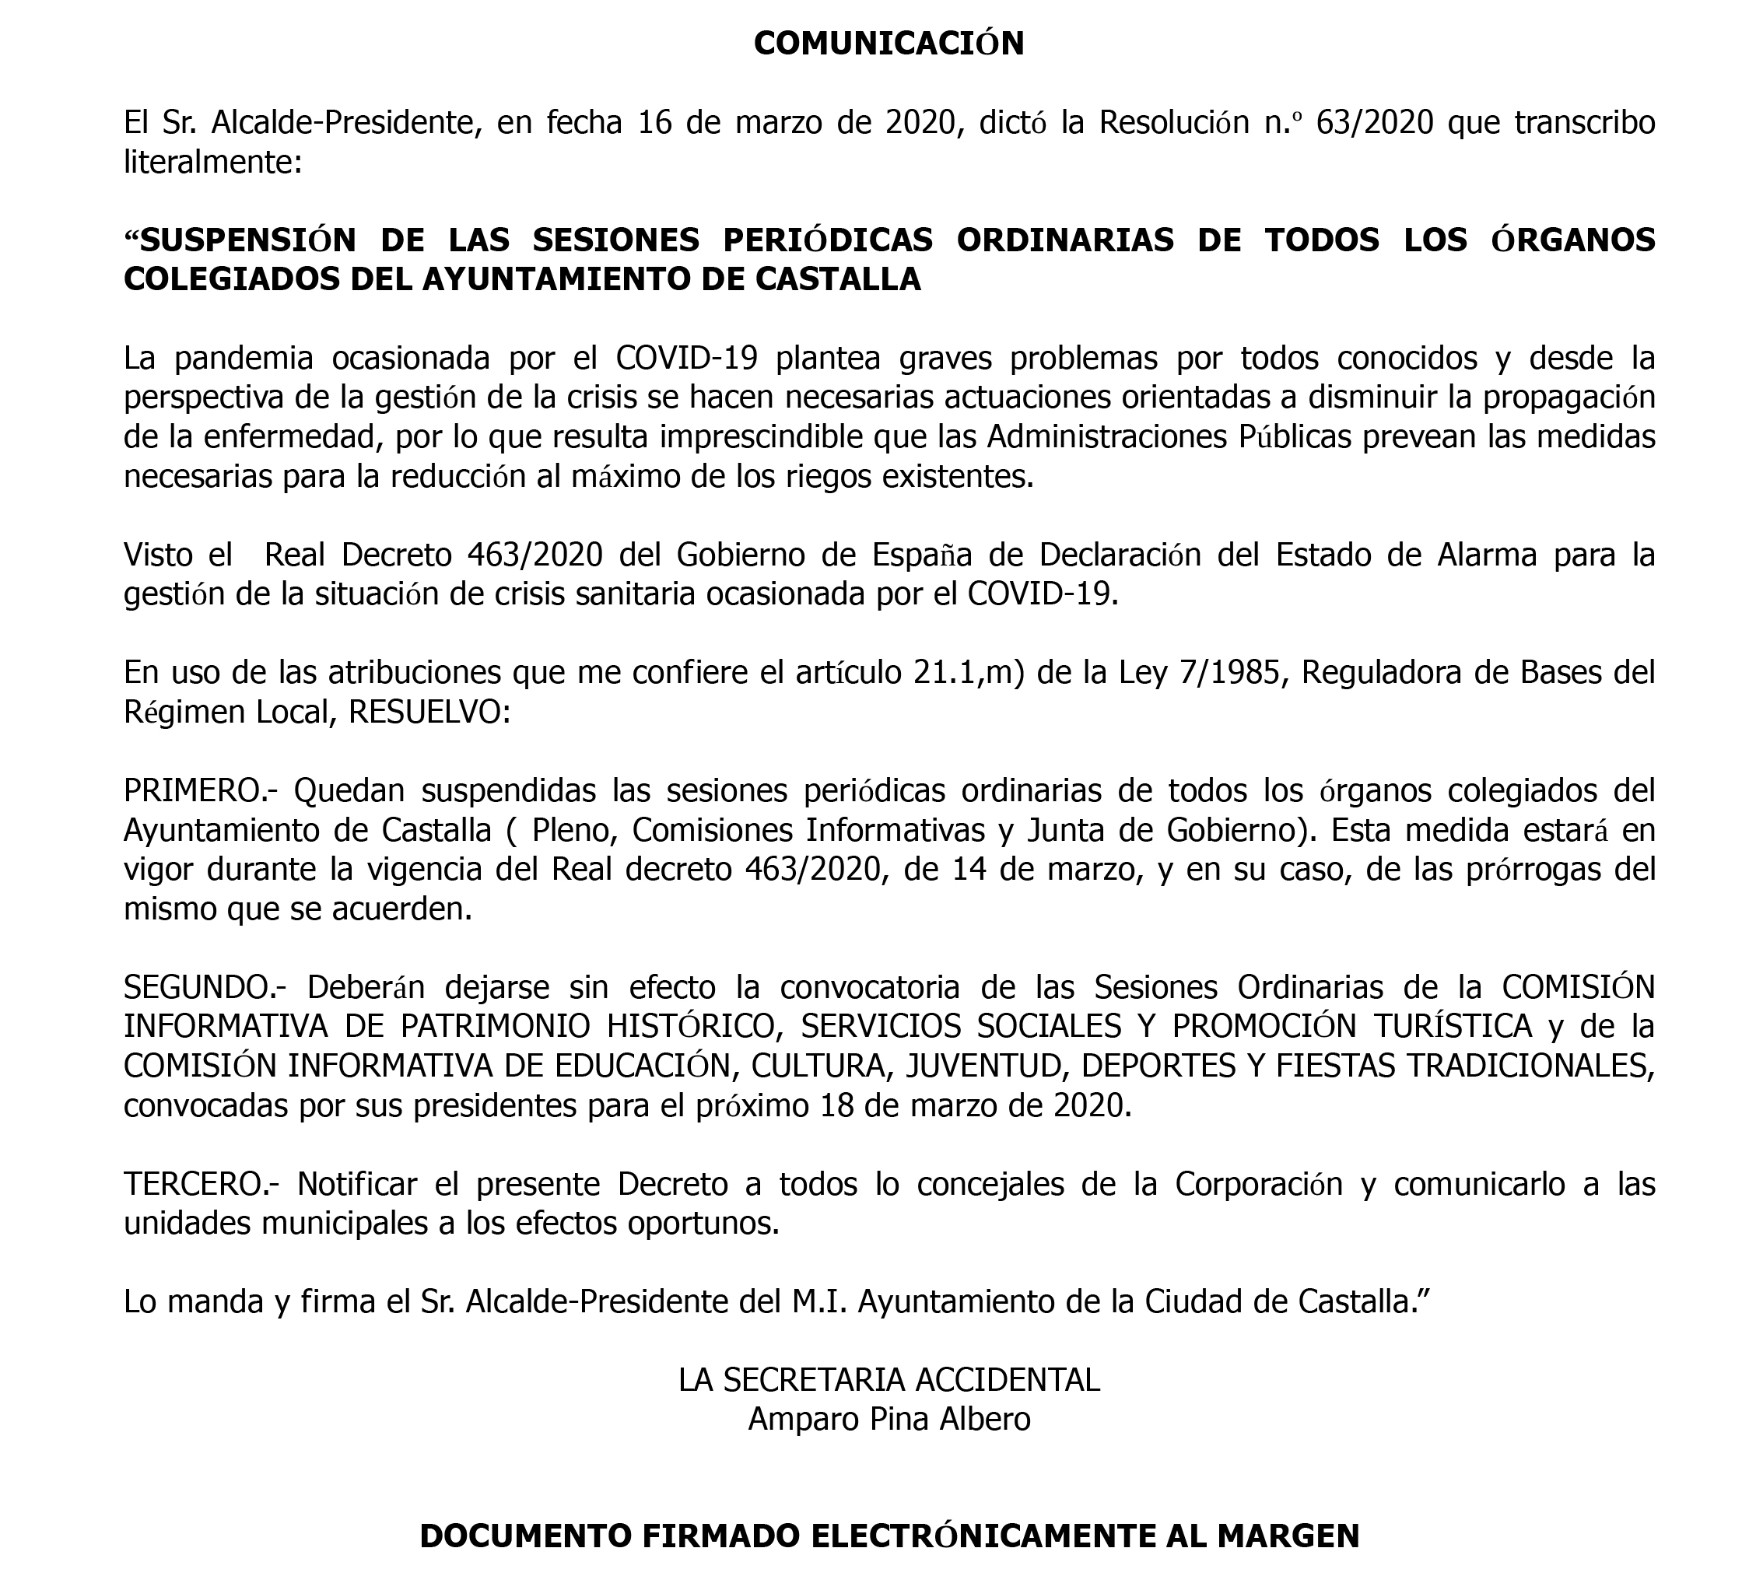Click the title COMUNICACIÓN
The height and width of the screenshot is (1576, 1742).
pyautogui.click(x=889, y=44)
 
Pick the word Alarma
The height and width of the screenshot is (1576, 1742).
pyautogui.click(x=1486, y=555)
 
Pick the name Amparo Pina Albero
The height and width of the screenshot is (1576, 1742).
pyautogui.click(x=889, y=1420)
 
